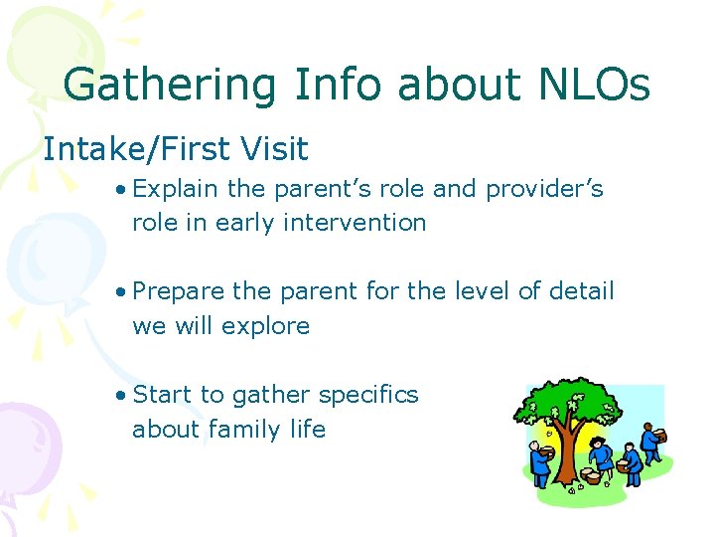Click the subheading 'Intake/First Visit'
click(176, 149)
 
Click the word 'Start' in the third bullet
click(162, 395)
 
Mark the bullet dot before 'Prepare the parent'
click(120, 292)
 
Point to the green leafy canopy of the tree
click(571, 403)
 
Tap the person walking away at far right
click(652, 443)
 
